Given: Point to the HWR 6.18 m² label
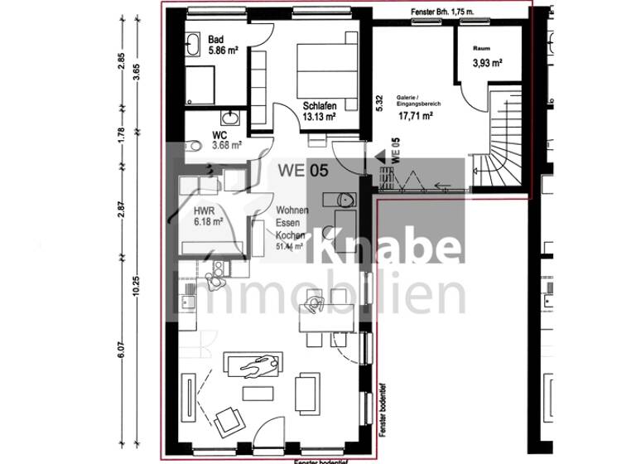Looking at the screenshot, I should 208,215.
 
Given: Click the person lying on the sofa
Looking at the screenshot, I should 258,365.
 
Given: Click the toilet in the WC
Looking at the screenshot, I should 195,147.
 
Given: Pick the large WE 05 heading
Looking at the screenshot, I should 301,172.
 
